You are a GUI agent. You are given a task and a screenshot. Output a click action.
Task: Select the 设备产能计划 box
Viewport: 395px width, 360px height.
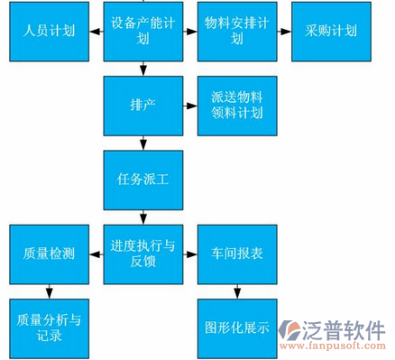(x=142, y=32)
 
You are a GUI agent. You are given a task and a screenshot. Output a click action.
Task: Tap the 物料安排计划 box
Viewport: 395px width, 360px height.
(x=236, y=32)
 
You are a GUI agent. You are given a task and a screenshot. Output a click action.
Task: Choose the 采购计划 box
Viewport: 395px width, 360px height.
(x=330, y=32)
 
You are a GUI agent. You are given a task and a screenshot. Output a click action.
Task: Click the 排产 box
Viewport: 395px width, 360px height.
(x=142, y=106)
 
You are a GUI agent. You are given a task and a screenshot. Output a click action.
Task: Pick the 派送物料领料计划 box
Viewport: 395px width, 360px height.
(x=236, y=106)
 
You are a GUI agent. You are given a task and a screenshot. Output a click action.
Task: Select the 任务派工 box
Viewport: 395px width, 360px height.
(x=142, y=180)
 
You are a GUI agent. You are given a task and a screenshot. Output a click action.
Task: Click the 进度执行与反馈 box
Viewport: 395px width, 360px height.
(x=142, y=254)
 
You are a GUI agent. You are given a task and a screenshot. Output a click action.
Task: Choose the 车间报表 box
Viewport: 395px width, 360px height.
(x=236, y=254)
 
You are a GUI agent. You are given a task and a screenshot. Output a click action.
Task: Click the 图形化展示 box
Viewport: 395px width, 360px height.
(x=236, y=327)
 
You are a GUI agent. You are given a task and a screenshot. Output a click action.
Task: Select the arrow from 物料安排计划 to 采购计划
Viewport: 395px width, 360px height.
(x=283, y=31)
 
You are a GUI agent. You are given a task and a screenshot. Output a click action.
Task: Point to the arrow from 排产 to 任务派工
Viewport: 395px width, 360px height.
(x=142, y=142)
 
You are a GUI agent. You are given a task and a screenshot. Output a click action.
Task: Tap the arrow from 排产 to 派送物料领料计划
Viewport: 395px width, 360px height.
(x=189, y=105)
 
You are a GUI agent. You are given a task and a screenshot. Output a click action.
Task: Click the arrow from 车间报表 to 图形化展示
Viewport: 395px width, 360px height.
(x=236, y=290)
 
